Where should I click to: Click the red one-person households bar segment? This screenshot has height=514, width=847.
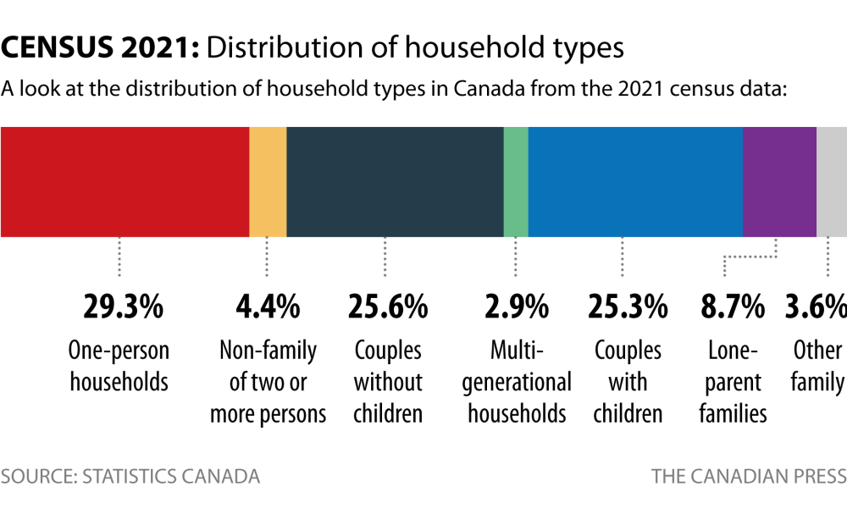pyautogui.click(x=125, y=181)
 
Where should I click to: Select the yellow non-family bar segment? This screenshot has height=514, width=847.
pyautogui.click(x=268, y=181)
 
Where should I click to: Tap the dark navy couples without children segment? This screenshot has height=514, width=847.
pyautogui.click(x=395, y=181)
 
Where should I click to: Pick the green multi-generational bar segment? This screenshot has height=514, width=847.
pyautogui.click(x=516, y=181)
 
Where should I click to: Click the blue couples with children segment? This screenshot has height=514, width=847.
pyautogui.click(x=635, y=181)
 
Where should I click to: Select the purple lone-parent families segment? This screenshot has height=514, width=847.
pyautogui.click(x=779, y=181)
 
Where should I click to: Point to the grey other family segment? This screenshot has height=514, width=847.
pyautogui.click(x=832, y=181)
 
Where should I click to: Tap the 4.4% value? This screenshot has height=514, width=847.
pyautogui.click(x=268, y=307)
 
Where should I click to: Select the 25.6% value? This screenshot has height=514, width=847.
pyautogui.click(x=388, y=307)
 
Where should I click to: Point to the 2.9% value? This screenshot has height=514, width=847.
pyautogui.click(x=517, y=307)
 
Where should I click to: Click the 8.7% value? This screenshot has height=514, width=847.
pyautogui.click(x=733, y=307)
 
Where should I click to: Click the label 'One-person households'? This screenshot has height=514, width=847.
pyautogui.click(x=119, y=366)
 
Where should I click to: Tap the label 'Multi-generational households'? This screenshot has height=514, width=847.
pyautogui.click(x=518, y=382)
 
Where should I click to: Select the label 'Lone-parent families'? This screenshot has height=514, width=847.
pyautogui.click(x=733, y=382)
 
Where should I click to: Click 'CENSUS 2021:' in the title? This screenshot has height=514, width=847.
pyautogui.click(x=101, y=47)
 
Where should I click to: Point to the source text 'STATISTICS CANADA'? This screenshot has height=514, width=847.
pyautogui.click(x=171, y=476)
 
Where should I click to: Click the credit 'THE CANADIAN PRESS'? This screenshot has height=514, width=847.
pyautogui.click(x=748, y=476)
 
